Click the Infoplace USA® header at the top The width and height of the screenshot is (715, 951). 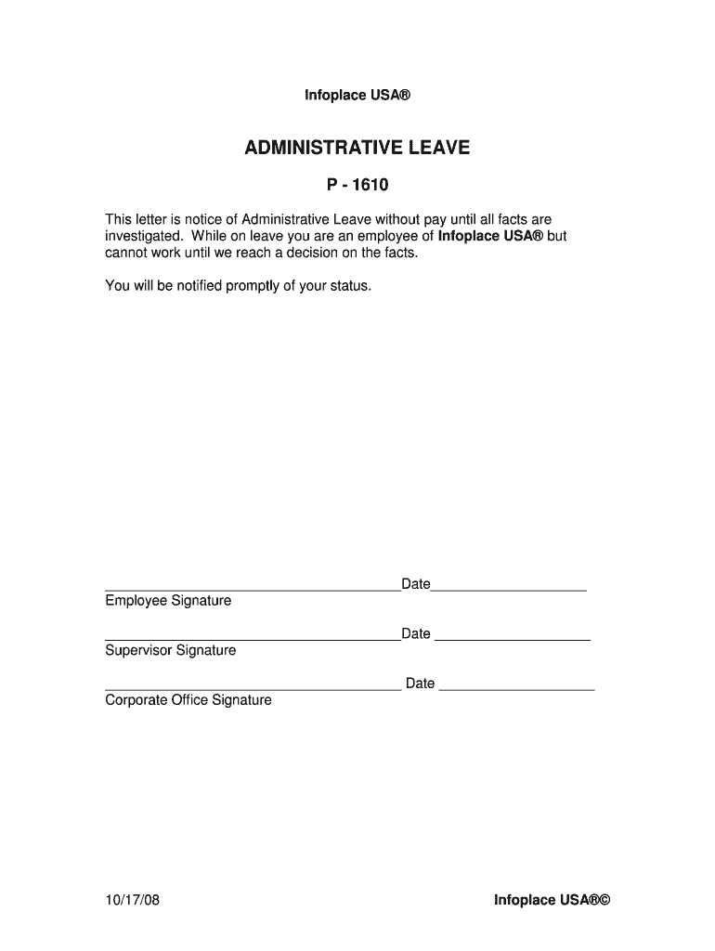click(357, 96)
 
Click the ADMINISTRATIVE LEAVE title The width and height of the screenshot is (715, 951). click(357, 148)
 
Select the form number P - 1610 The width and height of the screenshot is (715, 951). click(357, 186)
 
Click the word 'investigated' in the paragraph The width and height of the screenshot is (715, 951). click(144, 236)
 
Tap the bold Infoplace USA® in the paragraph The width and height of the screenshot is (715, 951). click(490, 236)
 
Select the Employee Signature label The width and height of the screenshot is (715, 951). click(168, 601)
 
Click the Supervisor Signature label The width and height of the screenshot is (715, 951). click(171, 650)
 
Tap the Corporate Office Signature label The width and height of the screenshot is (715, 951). click(188, 700)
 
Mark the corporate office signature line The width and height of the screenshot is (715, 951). click(253, 689)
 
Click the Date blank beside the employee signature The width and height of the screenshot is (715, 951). click(509, 589)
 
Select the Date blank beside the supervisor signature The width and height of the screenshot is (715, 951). click(513, 639)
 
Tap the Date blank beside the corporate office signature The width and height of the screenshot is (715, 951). click(516, 689)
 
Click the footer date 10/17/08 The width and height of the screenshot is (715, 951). click(132, 900)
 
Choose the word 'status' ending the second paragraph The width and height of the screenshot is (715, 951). click(349, 286)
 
